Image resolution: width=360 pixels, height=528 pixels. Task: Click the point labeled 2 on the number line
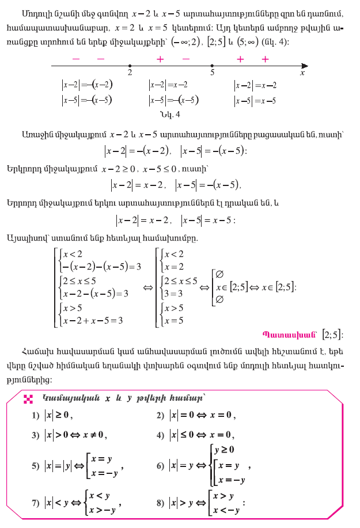tap(130, 66)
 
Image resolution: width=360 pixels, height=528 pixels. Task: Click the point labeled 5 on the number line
tap(213, 66)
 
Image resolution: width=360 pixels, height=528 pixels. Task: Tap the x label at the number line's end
tap(302, 74)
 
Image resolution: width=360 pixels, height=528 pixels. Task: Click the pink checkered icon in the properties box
tap(26, 398)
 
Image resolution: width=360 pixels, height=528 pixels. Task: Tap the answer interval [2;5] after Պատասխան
tap(332, 335)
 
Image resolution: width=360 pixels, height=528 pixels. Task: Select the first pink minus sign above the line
tap(75, 59)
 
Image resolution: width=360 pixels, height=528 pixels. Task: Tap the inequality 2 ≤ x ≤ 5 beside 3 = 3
tap(180, 281)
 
